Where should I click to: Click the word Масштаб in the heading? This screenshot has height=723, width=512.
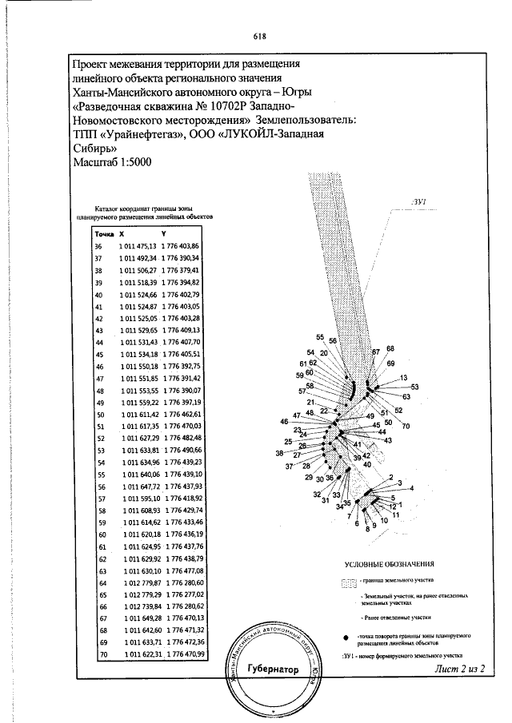[96, 162]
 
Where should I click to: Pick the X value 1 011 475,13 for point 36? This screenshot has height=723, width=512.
[137, 247]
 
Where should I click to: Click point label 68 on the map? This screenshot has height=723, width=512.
[390, 348]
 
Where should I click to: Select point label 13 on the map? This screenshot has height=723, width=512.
[403, 377]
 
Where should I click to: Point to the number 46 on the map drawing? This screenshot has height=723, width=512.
[284, 421]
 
